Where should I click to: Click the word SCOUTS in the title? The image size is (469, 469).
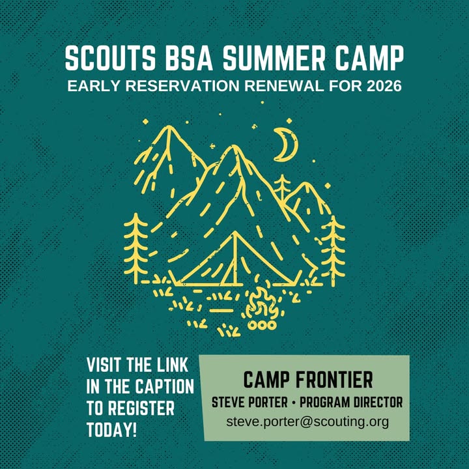pos(110,58)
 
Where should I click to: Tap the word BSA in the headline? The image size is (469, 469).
pos(190,58)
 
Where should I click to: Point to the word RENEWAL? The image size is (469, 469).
pos(284,86)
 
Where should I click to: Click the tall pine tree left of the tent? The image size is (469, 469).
pos(136,248)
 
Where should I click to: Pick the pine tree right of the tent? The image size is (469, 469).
pos(334,251)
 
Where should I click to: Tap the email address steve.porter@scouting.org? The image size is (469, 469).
pos(307,421)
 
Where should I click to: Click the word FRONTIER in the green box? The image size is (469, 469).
pos(334,380)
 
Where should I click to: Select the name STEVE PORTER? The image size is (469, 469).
pos(249,403)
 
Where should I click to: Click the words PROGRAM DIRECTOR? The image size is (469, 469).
pos(351,403)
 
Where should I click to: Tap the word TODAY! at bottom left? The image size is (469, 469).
pos(111,430)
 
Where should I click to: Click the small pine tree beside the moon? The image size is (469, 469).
pos(282,187)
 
